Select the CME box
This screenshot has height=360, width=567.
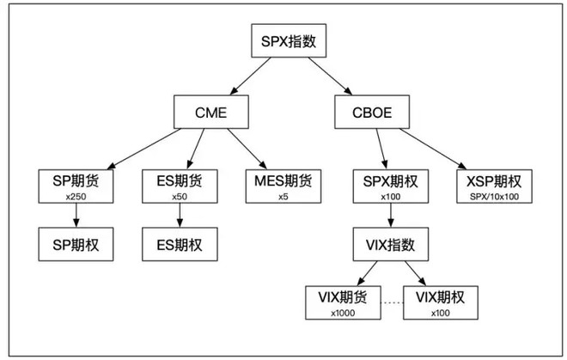pyautogui.click(x=211, y=112)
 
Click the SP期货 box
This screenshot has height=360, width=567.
pyautogui.click(x=75, y=186)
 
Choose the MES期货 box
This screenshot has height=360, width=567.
pyautogui.click(x=283, y=186)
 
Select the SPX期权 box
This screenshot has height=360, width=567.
pyautogui.click(x=390, y=186)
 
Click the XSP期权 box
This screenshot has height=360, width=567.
pyautogui.click(x=493, y=186)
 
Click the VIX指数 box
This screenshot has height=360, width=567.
pyautogui.click(x=390, y=245)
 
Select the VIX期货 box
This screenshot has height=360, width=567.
pyautogui.click(x=341, y=303)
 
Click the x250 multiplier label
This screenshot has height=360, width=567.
pyautogui.click(x=75, y=198)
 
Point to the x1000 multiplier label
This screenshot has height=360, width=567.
pyautogui.click(x=341, y=314)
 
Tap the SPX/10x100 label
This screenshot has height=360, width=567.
pyautogui.click(x=493, y=198)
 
